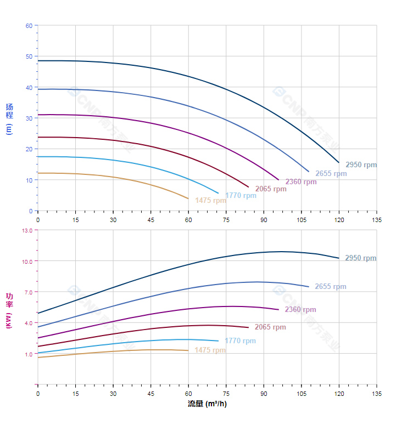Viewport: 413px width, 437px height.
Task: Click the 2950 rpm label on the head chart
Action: (x=361, y=164)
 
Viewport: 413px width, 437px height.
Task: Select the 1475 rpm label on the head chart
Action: (x=210, y=200)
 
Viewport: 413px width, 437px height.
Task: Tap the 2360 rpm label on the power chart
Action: (x=300, y=310)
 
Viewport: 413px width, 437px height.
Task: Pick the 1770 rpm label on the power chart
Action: (x=240, y=341)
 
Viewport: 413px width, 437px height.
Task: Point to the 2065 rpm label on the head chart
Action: (x=271, y=189)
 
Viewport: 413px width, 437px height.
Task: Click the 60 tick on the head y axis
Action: (x=29, y=26)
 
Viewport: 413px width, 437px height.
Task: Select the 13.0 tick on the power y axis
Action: (x=27, y=230)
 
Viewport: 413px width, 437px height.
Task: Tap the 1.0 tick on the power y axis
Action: (x=28, y=354)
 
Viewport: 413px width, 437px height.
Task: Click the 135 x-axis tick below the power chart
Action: (x=377, y=394)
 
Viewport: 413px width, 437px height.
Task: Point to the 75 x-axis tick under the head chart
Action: (x=226, y=220)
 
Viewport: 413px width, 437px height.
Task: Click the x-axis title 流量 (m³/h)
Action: (x=207, y=404)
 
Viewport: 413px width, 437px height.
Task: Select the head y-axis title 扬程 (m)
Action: (x=9, y=118)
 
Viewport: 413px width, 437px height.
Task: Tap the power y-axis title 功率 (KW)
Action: (x=9, y=310)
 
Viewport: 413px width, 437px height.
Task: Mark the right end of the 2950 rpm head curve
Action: (x=339, y=162)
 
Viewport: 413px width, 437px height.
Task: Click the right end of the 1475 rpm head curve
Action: (x=188, y=198)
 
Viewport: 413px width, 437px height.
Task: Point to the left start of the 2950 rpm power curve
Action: (x=38, y=313)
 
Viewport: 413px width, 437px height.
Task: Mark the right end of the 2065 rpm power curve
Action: (x=248, y=327)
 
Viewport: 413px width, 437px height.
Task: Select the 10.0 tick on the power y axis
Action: (x=27, y=261)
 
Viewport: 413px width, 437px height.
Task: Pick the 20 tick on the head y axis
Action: (x=29, y=149)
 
